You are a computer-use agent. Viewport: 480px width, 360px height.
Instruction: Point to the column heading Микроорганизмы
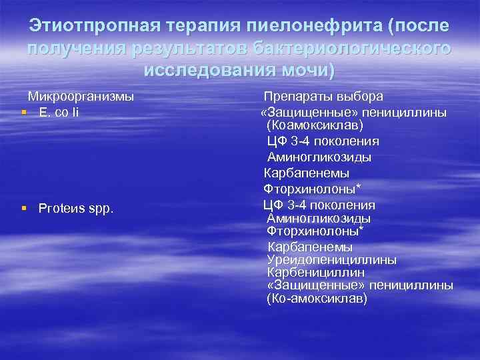(81, 96)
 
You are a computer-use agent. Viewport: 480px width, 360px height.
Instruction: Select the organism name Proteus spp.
(76, 209)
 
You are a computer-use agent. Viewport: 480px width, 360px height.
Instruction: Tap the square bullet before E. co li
(25, 111)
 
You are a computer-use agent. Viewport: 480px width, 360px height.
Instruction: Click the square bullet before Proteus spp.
(25, 209)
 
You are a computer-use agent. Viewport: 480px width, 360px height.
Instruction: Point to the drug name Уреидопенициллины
(331, 259)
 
